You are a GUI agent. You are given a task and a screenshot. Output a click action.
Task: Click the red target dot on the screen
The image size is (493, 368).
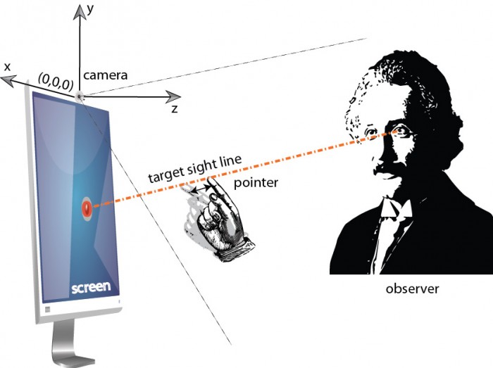[x=86, y=208]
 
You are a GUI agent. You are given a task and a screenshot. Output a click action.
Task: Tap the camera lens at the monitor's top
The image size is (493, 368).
[x=79, y=96]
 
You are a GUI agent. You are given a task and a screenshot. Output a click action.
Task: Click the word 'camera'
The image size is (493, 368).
[x=106, y=75]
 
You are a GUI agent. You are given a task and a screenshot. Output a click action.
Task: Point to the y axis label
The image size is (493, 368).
[x=91, y=10]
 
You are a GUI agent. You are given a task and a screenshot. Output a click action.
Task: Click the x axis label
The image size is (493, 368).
[x=7, y=67]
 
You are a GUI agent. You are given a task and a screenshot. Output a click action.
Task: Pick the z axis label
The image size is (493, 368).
[x=175, y=109]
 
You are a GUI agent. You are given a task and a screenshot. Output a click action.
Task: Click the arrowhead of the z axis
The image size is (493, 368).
[x=173, y=96]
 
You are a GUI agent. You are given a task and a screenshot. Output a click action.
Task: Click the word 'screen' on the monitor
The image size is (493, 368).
[x=91, y=287]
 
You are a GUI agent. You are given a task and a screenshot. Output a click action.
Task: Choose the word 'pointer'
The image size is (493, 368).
[x=256, y=183]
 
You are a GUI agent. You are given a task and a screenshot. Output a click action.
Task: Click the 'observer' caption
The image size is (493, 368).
[x=412, y=288]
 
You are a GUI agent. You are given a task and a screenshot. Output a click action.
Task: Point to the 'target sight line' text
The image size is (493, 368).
[x=195, y=168]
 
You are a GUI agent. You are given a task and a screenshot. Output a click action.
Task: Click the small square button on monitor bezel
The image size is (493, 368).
[x=47, y=310]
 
